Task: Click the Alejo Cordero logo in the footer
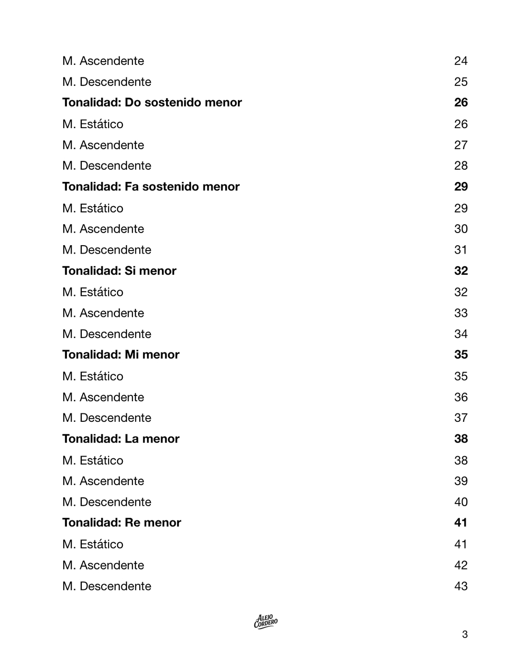pos(265,622)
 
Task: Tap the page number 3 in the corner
pos(465,634)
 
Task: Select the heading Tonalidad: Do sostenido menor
pos(152,102)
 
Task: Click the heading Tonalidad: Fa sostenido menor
pos(151,187)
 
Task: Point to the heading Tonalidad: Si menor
pos(119,270)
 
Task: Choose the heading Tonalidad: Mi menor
pos(121,354)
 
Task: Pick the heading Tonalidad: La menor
pos(121,439)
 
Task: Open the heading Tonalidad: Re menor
pos(122,523)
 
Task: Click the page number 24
pos(460,61)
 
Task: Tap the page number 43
pos(460,586)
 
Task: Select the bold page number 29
pos(460,187)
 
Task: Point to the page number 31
pos(460,250)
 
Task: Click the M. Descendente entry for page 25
pos(107,82)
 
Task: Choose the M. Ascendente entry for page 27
pos(103,145)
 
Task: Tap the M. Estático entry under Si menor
pos(93,292)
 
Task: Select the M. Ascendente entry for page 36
pos(103,397)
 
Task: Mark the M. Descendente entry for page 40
pos(107,502)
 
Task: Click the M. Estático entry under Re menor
pos(93,544)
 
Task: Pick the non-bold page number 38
pos(460,460)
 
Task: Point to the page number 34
pos(460,334)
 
